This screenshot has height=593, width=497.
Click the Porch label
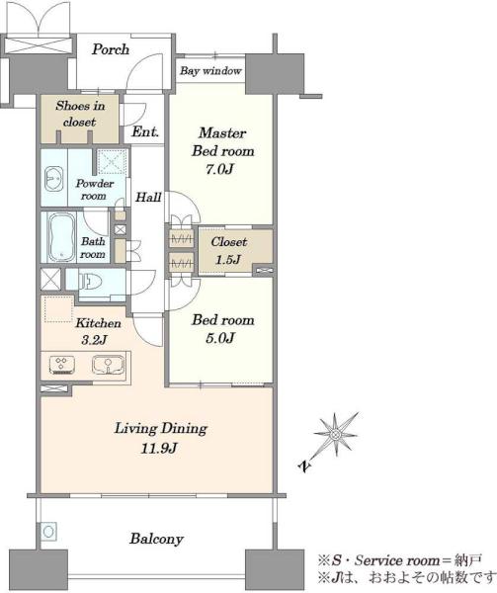[111, 49]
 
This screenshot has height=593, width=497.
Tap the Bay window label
[210, 71]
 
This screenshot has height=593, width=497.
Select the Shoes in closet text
[80, 114]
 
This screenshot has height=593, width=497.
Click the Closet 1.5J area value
[228, 259]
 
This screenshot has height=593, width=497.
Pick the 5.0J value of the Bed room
[220, 337]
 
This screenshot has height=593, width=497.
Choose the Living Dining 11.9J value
[159, 449]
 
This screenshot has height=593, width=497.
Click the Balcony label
[156, 539]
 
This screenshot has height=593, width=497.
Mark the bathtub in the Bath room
[62, 237]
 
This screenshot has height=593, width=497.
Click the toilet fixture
[90, 281]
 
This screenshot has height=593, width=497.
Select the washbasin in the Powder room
[53, 179]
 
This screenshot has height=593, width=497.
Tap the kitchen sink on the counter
[108, 365]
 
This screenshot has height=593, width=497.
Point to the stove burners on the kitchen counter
[61, 365]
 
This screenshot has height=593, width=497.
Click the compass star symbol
[335, 434]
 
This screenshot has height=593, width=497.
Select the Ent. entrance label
[145, 132]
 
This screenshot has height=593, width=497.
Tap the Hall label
[148, 197]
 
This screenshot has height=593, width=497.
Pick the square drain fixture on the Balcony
[48, 531]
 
